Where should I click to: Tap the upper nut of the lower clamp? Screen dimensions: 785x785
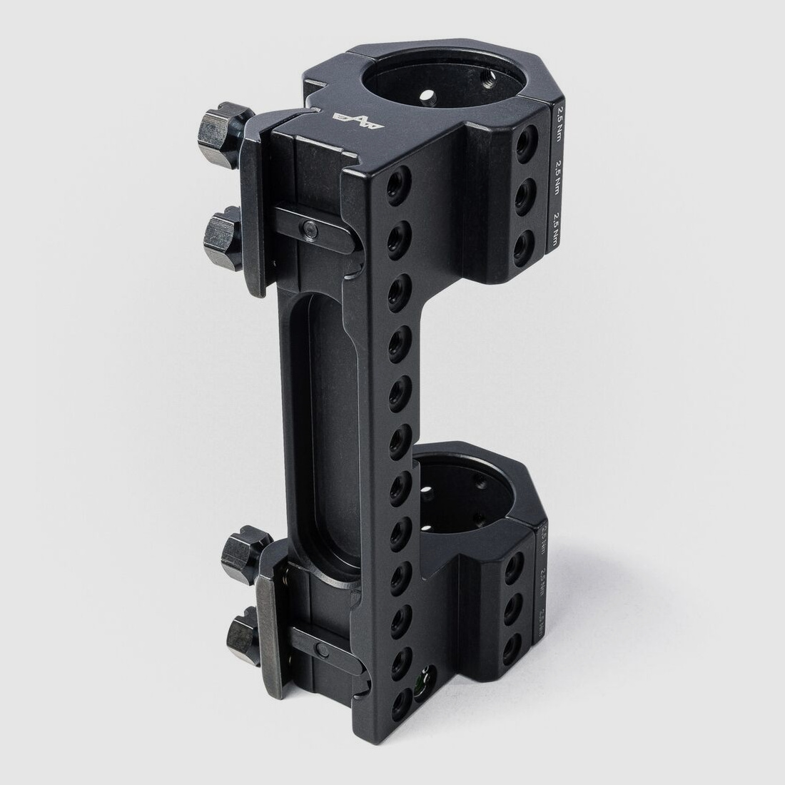[x=242, y=554]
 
